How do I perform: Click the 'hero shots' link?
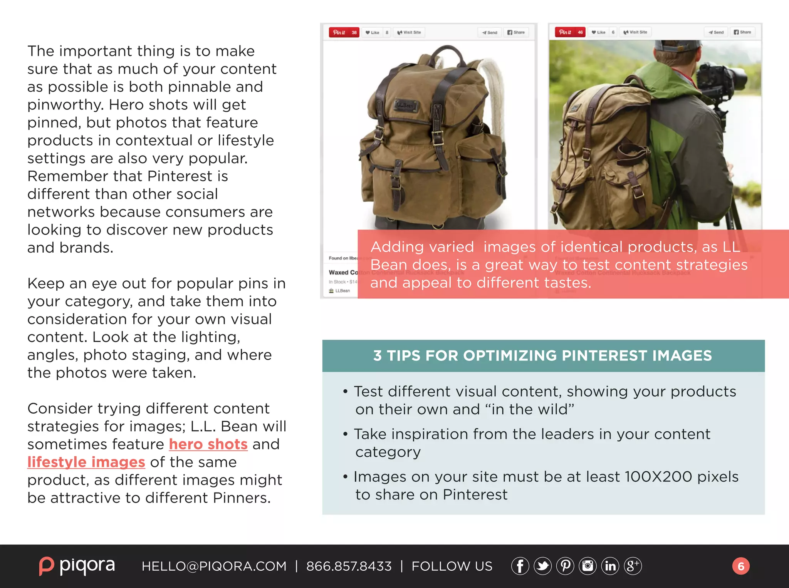[208, 444]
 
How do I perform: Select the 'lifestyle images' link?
[86, 462]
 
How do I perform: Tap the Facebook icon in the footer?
[520, 566]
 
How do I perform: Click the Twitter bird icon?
[542, 566]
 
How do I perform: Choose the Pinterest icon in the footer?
[565, 566]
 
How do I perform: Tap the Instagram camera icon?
[588, 566]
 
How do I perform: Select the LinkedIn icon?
[610, 566]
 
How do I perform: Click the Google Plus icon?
[633, 566]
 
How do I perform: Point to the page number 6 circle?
[740, 566]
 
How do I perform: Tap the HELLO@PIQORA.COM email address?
[214, 566]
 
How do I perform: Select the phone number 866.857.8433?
[349, 566]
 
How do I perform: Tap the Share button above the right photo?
[742, 32]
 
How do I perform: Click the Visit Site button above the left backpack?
[409, 32]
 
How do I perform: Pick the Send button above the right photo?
[716, 32]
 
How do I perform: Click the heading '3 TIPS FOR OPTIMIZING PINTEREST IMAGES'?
[542, 356]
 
